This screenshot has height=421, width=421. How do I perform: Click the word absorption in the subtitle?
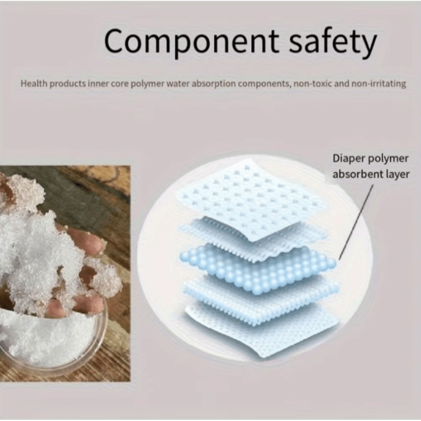215,84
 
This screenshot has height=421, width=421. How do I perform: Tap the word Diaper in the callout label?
347,159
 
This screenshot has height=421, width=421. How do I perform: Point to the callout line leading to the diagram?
356,223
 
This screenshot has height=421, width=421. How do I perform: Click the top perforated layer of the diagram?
253,198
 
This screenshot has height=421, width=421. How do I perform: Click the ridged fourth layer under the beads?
261,295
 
